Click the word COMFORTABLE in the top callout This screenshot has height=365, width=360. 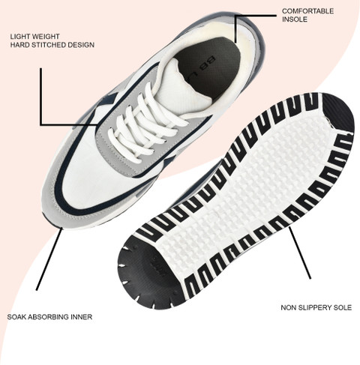[307, 11]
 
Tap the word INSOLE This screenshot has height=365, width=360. [295, 19]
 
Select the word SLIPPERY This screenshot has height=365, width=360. [315, 307]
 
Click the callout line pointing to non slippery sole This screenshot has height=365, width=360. [300, 253]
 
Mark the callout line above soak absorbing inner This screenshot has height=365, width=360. [49, 259]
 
